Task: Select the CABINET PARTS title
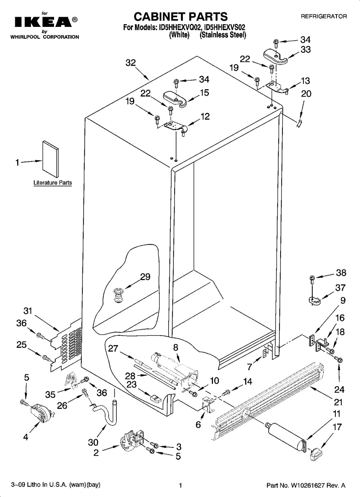pyautogui.click(x=180, y=16)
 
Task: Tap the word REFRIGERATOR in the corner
pyautogui.click(x=323, y=16)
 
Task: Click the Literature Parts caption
pyautogui.click(x=53, y=183)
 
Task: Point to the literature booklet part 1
pyautogui.click(x=50, y=160)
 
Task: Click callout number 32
pyautogui.click(x=131, y=63)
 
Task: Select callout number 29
pyautogui.click(x=145, y=277)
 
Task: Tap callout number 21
pyautogui.click(x=338, y=402)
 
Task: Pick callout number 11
pyautogui.click(x=336, y=413)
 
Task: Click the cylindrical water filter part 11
pyautogui.click(x=287, y=435)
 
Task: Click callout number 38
pyautogui.click(x=341, y=273)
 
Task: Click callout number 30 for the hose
pyautogui.click(x=93, y=442)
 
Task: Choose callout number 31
pyautogui.click(x=28, y=311)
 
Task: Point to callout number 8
pyautogui.click(x=175, y=347)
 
